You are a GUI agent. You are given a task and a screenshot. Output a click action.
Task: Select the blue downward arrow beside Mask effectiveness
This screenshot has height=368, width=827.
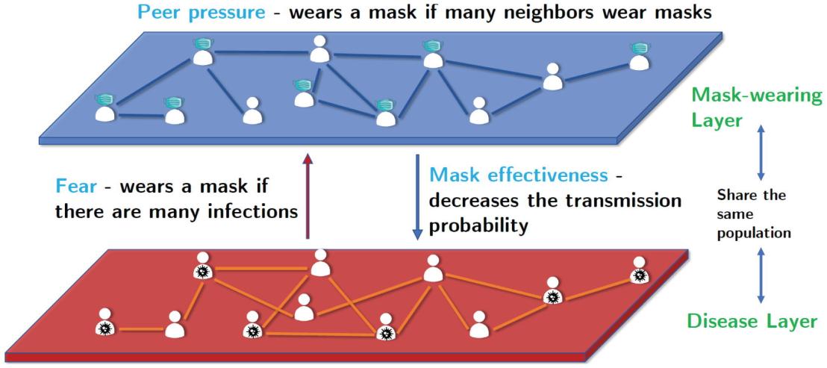click(417, 197)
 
